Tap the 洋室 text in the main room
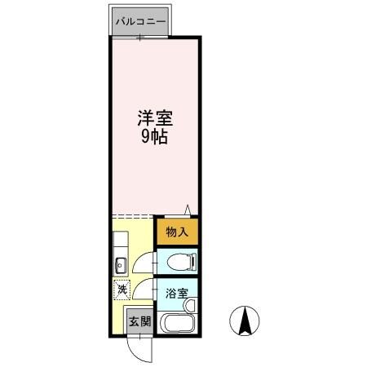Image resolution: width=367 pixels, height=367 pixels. pyautogui.click(x=155, y=117)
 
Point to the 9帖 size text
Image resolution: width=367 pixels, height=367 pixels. pyautogui.click(x=155, y=137)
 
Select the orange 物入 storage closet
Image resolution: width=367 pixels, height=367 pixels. pyautogui.click(x=178, y=232)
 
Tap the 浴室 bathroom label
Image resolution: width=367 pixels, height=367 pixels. pyautogui.click(x=177, y=293)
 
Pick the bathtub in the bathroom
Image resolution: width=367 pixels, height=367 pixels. pyautogui.click(x=175, y=323)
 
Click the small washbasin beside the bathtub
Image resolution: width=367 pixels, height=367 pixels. pyautogui.click(x=190, y=305)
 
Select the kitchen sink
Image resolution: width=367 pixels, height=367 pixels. pyautogui.click(x=119, y=263)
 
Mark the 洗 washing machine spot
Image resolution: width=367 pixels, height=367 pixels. pyautogui.click(x=121, y=289)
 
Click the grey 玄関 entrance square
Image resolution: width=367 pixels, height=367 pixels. pyautogui.click(x=139, y=321)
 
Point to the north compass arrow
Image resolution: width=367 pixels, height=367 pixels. pyautogui.click(x=244, y=320)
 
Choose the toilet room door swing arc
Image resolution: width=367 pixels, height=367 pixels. pyautogui.click(x=144, y=261)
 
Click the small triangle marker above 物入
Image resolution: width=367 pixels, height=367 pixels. pyautogui.click(x=188, y=210)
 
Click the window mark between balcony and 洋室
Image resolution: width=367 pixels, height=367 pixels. pyautogui.click(x=139, y=37)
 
